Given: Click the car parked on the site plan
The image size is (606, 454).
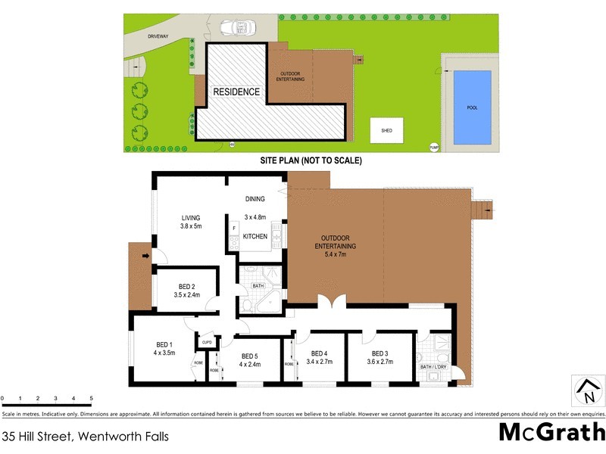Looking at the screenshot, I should point(236,29).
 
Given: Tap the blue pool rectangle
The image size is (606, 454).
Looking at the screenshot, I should point(471,107).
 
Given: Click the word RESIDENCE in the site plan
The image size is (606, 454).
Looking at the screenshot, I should point(236,92).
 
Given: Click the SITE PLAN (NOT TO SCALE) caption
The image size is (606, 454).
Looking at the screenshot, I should point(311,160).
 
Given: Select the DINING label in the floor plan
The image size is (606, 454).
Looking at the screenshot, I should point(255,200).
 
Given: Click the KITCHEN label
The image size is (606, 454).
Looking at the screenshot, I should point(255,237).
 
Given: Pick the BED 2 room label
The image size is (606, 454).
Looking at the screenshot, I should point(187,290).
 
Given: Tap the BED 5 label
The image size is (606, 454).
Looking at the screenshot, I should point(250,360).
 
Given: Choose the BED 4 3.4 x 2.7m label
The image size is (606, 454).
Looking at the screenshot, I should point(320,356).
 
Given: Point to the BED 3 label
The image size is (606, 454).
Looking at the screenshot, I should point(380,356).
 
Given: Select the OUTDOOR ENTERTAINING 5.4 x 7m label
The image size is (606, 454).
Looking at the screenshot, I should point(335,246).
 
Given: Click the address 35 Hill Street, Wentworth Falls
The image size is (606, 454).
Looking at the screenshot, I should point(86,436).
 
